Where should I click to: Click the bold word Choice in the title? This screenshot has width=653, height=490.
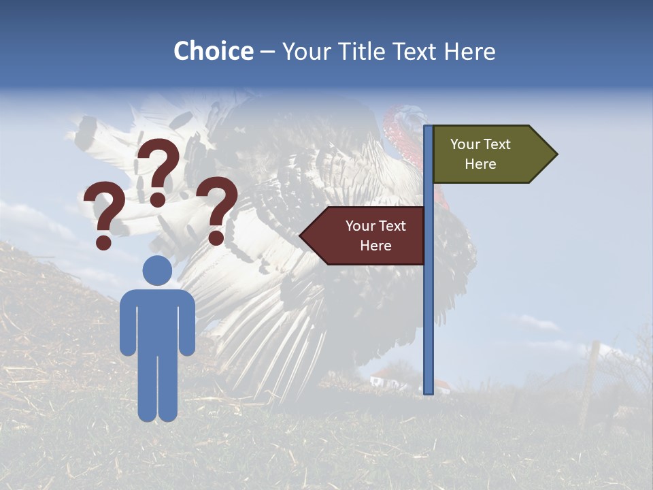(213, 52)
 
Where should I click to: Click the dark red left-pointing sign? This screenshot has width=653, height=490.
(367, 235)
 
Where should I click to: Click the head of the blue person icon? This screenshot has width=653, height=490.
(157, 270)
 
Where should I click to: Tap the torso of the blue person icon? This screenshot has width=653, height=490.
(157, 320)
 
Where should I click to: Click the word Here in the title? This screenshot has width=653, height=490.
(469, 52)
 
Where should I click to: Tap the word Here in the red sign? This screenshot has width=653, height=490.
(375, 246)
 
